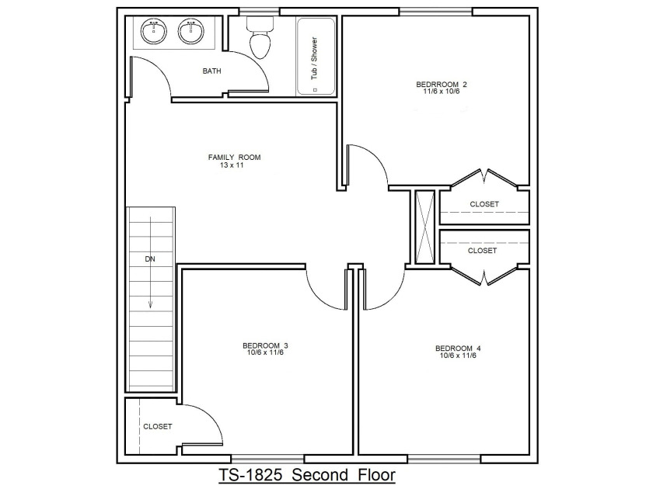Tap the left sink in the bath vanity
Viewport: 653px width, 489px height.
(154, 32)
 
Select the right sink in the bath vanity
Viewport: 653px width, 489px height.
(191, 32)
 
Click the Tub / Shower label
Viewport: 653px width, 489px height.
(314, 58)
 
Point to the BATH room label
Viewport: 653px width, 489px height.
(211, 71)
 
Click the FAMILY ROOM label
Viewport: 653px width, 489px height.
(235, 157)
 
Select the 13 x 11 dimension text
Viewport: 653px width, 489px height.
(232, 165)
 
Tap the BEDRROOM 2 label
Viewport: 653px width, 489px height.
(442, 85)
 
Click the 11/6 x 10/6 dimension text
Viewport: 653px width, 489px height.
(442, 92)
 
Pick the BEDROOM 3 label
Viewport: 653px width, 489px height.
(265, 345)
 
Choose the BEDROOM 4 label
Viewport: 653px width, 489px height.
(458, 349)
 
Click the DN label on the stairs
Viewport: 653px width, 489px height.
(150, 259)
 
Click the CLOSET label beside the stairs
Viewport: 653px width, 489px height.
(157, 427)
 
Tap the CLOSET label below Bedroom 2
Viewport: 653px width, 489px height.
(484, 204)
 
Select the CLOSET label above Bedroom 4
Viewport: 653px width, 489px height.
(482, 251)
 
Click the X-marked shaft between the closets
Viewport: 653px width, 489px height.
(425, 227)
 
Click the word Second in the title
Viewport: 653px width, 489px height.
(320, 475)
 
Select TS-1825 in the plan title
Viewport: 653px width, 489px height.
(250, 475)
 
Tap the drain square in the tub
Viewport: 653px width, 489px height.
(315, 90)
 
